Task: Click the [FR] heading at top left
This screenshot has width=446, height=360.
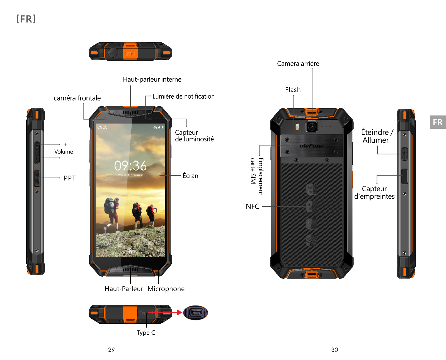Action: click(26, 19)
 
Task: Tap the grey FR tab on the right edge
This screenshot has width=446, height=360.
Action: click(438, 122)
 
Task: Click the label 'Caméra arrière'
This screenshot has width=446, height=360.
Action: click(298, 64)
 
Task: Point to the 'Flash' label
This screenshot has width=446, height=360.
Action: click(293, 90)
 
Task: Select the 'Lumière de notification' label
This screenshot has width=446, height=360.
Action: click(183, 96)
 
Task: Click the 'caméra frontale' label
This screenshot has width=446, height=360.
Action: click(77, 98)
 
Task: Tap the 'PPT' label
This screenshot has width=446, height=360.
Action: click(70, 178)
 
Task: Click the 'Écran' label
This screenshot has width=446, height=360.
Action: click(190, 176)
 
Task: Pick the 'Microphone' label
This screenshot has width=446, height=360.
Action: click(166, 289)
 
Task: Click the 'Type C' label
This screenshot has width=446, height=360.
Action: click(146, 332)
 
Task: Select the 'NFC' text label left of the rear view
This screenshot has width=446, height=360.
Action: click(253, 206)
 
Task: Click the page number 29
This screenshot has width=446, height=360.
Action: click(111, 350)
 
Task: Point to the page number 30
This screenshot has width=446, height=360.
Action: click(334, 350)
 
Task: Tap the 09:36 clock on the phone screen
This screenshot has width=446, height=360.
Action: click(130, 166)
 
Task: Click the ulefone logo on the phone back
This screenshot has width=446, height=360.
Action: click(312, 146)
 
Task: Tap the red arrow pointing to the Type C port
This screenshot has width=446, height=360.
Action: click(180, 313)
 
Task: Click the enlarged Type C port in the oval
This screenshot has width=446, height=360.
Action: click(196, 313)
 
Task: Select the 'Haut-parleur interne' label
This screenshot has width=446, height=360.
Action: click(152, 79)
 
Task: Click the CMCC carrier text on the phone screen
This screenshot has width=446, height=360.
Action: click(102, 127)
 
